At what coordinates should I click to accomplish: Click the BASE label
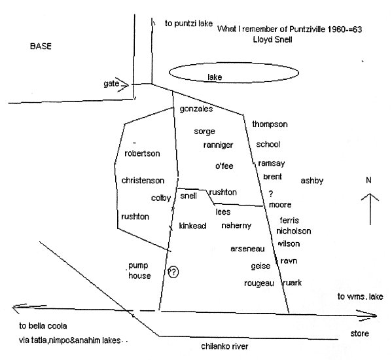pyautogui.click(x=41, y=46)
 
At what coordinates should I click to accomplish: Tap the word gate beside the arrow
pyautogui.click(x=111, y=83)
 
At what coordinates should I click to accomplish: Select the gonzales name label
pyautogui.click(x=196, y=109)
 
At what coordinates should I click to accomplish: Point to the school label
pyautogui.click(x=268, y=144)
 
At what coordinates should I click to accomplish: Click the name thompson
pyautogui.click(x=270, y=124)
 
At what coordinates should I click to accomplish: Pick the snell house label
pyautogui.click(x=188, y=196)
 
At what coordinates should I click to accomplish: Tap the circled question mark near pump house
pyautogui.click(x=173, y=272)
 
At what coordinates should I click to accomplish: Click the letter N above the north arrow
pyautogui.click(x=368, y=180)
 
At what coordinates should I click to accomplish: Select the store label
pyautogui.click(x=359, y=333)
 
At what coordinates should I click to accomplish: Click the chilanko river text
pyautogui.click(x=224, y=346)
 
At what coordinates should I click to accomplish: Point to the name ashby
pyautogui.click(x=312, y=181)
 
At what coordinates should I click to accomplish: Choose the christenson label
pyautogui.click(x=143, y=181)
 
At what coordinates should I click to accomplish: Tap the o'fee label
pyautogui.click(x=224, y=166)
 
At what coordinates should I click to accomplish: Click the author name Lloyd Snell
pyautogui.click(x=272, y=39)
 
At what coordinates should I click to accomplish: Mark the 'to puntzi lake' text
pyautogui.click(x=188, y=24)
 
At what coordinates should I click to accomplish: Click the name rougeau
pyautogui.click(x=259, y=283)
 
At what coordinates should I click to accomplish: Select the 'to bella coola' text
pyautogui.click(x=43, y=326)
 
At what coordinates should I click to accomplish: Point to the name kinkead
pyautogui.click(x=192, y=226)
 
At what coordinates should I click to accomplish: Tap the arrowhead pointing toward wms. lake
pyautogui.click(x=374, y=315)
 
